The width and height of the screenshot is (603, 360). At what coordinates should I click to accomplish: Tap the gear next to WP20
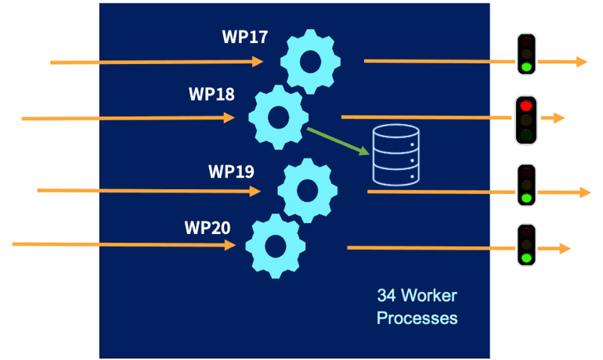(x=275, y=245)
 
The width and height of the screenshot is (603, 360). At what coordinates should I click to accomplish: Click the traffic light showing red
(x=525, y=119)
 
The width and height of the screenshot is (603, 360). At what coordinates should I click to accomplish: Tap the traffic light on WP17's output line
(x=527, y=54)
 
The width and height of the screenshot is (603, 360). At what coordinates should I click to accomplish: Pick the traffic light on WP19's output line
(x=527, y=185)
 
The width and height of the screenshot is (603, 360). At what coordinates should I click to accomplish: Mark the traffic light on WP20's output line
(x=526, y=243)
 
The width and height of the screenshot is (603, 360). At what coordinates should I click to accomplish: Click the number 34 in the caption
(x=385, y=297)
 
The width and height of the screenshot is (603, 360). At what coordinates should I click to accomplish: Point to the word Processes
(x=417, y=319)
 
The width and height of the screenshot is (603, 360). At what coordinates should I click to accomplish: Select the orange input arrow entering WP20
(x=125, y=245)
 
